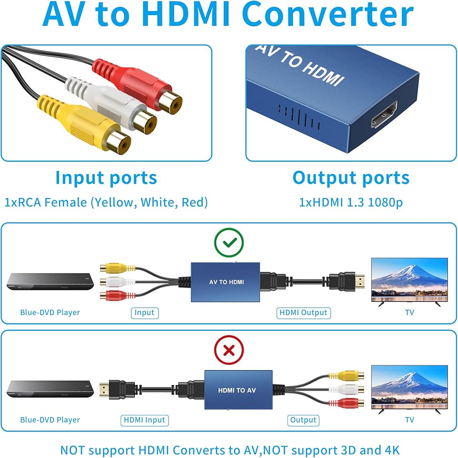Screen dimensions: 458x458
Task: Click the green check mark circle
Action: click(229, 242)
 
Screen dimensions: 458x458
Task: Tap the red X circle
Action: click(229, 350)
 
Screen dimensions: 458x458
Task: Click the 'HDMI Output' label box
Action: click(303, 313)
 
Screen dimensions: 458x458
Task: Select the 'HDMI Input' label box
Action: click(144, 420)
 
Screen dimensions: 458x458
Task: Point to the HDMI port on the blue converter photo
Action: click(385, 114)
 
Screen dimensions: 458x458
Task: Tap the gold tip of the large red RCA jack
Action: click(170, 103)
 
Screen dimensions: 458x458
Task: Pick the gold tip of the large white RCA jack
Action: click(145, 122)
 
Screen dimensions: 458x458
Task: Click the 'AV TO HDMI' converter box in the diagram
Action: click(225, 282)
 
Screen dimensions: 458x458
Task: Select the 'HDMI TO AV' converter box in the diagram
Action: click(238, 390)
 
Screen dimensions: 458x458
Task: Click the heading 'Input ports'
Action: click(106, 178)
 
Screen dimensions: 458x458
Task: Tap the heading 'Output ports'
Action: click(351, 178)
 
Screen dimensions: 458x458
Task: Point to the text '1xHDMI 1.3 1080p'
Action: click(351, 202)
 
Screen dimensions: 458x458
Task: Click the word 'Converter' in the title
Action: click(328, 14)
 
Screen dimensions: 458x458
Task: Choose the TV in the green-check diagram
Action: click(409, 282)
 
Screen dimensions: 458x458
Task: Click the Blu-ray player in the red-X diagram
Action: click(50, 389)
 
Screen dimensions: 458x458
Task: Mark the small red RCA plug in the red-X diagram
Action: click(346, 403)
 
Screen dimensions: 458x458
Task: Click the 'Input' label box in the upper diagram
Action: click(144, 313)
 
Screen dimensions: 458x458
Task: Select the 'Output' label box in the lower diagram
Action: click(303, 420)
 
